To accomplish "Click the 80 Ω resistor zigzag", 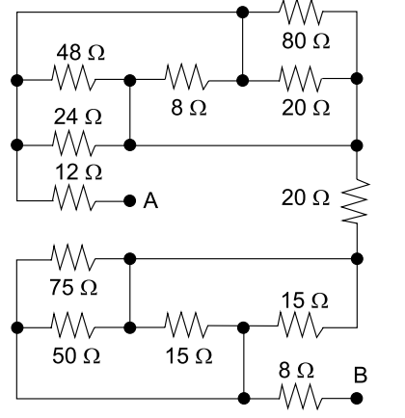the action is click(301, 13).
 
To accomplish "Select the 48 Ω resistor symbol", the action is click(73, 78).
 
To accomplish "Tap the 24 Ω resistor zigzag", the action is click(73, 144).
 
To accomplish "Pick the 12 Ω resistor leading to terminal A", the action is click(73, 197).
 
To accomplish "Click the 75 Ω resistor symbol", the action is click(73, 257).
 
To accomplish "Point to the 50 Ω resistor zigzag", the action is click(73, 326).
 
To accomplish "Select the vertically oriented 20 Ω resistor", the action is click(356, 200).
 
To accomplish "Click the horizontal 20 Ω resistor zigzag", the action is click(301, 79).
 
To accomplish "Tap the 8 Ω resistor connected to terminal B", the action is click(301, 397).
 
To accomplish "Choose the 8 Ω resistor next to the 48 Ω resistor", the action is click(187, 77).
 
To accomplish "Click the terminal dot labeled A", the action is click(129, 201).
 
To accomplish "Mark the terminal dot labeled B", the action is click(357, 399).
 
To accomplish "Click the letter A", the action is click(150, 201).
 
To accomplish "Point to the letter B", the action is click(361, 375).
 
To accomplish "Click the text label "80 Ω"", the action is click(306, 41).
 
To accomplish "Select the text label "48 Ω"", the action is click(81, 52).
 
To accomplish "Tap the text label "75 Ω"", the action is click(73, 287).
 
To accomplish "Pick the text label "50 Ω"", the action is click(76, 355).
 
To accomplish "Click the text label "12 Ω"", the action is click(79, 171).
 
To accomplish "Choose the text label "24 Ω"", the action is click(78, 117).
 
